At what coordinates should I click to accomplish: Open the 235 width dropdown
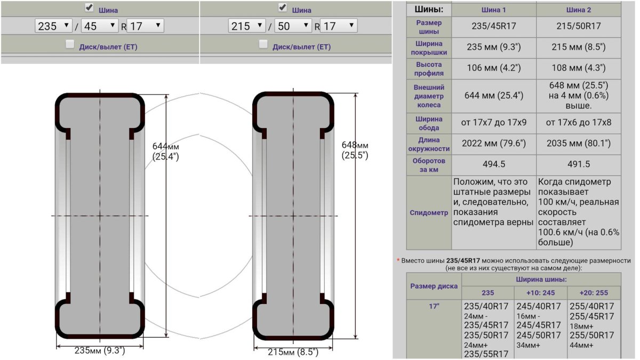53,26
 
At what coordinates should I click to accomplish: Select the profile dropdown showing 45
100,26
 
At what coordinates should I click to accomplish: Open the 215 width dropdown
247,26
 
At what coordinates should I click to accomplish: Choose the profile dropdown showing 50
293,26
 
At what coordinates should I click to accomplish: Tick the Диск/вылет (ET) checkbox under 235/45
70,44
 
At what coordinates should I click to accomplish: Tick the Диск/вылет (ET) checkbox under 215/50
263,44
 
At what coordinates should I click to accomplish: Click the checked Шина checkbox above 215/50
283,7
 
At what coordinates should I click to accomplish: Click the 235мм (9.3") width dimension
100,350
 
